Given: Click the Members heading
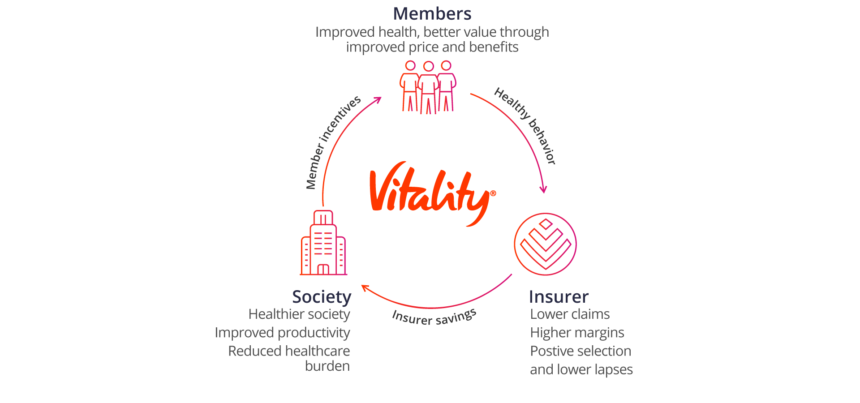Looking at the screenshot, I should [432, 14].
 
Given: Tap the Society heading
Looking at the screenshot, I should [322, 297].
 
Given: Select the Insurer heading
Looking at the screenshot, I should [558, 297].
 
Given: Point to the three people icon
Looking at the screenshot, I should [428, 87].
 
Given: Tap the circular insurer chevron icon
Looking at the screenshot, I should [545, 244].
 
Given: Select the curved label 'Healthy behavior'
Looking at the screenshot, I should [525, 125].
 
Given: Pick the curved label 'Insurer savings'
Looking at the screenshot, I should [434, 317].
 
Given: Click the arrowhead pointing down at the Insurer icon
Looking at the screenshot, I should [543, 189].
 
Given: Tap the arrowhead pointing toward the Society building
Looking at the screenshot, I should [365, 287].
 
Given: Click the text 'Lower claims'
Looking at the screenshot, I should [570, 314].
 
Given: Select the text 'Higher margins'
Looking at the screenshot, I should [577, 333].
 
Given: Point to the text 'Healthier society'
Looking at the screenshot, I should [299, 314].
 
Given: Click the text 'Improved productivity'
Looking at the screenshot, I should [282, 333].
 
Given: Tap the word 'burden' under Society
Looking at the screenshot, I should [327, 366].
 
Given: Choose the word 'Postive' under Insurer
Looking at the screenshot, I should [549, 351].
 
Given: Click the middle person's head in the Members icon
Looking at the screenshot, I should [429, 67].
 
